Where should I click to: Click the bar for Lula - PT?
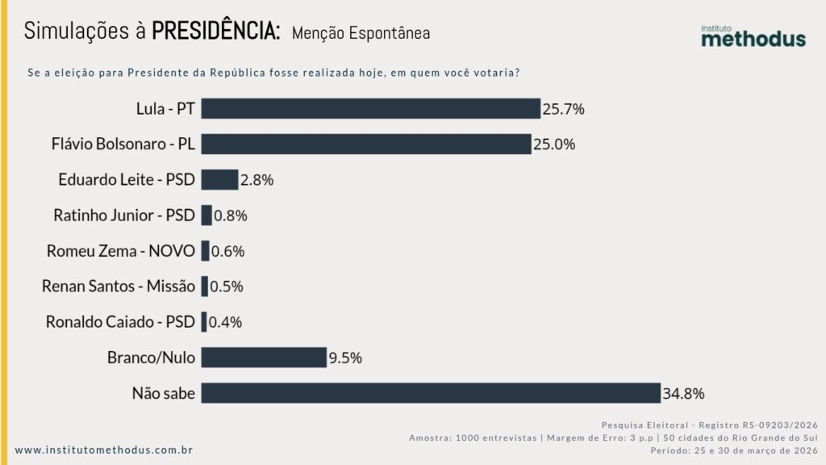point(370,108)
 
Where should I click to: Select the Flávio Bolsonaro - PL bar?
point(365,144)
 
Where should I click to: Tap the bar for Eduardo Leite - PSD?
point(219,179)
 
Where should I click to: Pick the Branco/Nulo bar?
point(264,358)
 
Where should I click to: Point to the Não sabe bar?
point(431,393)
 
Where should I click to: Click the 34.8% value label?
point(684,394)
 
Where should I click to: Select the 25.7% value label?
point(563,108)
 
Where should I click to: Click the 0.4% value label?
point(226,322)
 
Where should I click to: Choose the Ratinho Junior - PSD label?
point(124,216)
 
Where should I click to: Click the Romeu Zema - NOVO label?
point(121,251)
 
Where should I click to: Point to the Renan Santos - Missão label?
point(118,287)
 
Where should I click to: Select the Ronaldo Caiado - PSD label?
point(121,322)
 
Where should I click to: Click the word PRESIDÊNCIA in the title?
point(216,31)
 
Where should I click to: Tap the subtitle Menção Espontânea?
point(361,33)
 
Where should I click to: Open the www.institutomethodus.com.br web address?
point(104,450)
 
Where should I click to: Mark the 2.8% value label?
point(257,180)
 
